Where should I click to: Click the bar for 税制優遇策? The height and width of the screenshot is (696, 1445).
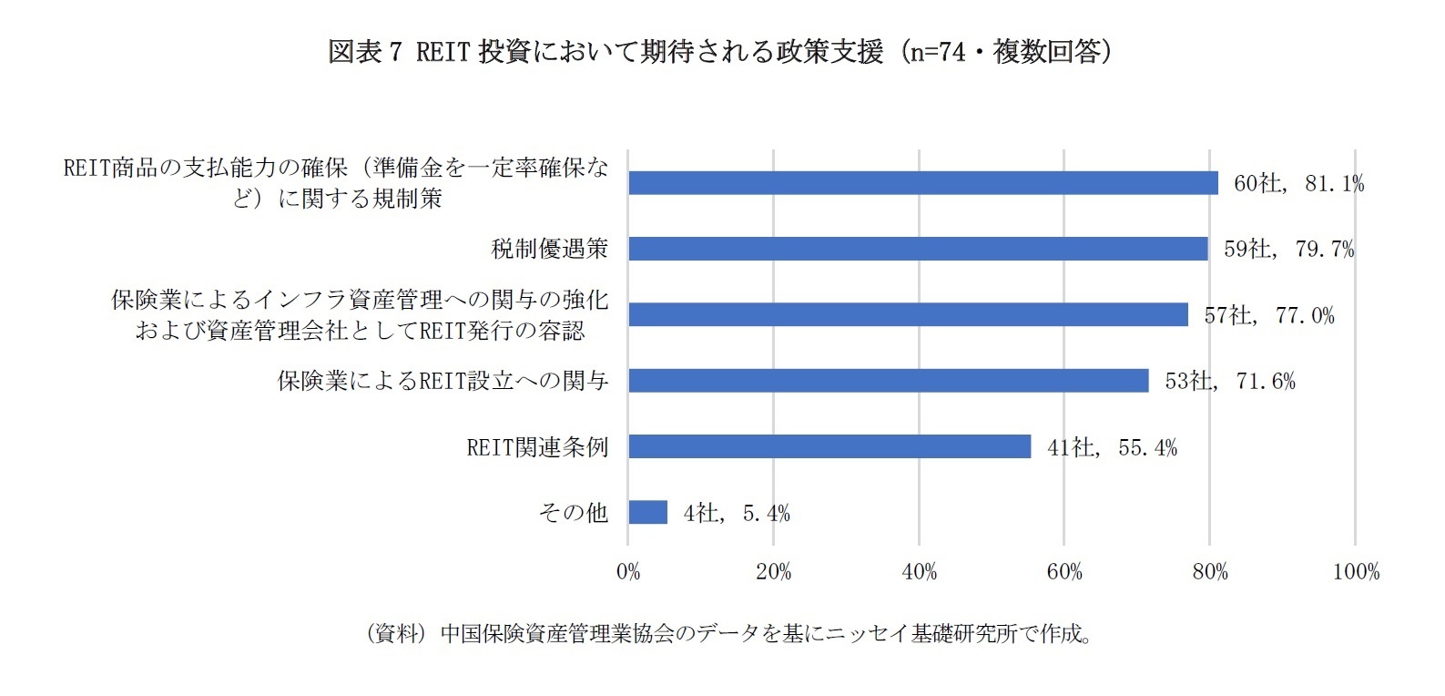coord(918,249)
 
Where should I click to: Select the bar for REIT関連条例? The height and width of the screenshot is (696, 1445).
coord(829,446)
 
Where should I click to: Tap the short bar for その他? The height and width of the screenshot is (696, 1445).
coord(647,512)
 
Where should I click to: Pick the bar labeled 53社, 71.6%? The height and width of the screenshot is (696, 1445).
coord(888,381)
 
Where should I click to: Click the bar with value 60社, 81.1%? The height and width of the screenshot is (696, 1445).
coord(923,183)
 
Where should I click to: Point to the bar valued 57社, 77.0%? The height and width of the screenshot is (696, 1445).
coord(908,315)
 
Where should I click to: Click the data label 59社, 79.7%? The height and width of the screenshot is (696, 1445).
coord(1288,249)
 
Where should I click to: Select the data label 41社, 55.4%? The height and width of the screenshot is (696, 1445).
coord(1112,447)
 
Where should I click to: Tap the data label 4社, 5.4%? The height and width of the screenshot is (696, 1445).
coord(736,514)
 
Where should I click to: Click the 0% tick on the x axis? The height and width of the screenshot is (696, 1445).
coord(628,572)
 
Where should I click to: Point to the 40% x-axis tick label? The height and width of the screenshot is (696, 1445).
coord(919,572)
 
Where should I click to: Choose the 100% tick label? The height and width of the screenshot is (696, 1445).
coord(1356,572)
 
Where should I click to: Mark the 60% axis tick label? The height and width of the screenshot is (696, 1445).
coord(1064,572)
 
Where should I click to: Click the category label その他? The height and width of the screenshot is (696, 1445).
coord(573,513)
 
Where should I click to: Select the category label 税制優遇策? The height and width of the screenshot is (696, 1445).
coord(549,249)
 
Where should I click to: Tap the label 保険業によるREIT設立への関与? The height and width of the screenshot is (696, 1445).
coord(443,381)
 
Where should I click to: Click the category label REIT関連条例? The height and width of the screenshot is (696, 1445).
coord(536,447)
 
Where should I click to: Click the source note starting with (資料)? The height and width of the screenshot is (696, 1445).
coord(728,634)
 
